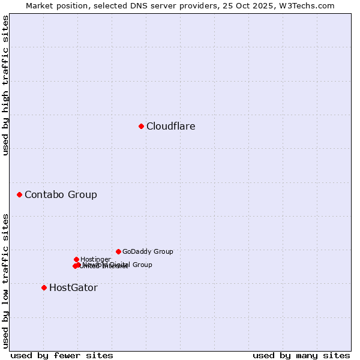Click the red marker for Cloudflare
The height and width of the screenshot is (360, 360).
click(x=141, y=126)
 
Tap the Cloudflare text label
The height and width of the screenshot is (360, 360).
click(x=171, y=126)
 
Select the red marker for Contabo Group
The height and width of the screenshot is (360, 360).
click(x=19, y=194)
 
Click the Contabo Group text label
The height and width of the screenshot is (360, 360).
click(x=61, y=194)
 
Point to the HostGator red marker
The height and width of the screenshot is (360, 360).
click(x=44, y=287)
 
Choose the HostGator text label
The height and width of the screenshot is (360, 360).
click(x=73, y=287)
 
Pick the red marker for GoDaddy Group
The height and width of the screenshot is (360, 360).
click(x=118, y=251)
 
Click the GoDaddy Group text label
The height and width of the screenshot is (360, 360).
click(x=148, y=251)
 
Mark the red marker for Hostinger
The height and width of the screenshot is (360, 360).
click(x=76, y=259)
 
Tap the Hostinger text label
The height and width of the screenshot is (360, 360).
click(x=95, y=259)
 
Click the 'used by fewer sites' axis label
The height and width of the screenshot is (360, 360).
click(x=62, y=355)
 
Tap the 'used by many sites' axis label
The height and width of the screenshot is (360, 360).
click(x=301, y=355)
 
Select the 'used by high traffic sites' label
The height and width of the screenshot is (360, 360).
click(x=5, y=85)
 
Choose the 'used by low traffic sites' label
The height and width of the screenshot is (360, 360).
click(x=5, y=280)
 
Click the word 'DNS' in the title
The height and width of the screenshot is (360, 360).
click(x=135, y=5)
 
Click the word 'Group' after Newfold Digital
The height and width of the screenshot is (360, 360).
click(x=142, y=265)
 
